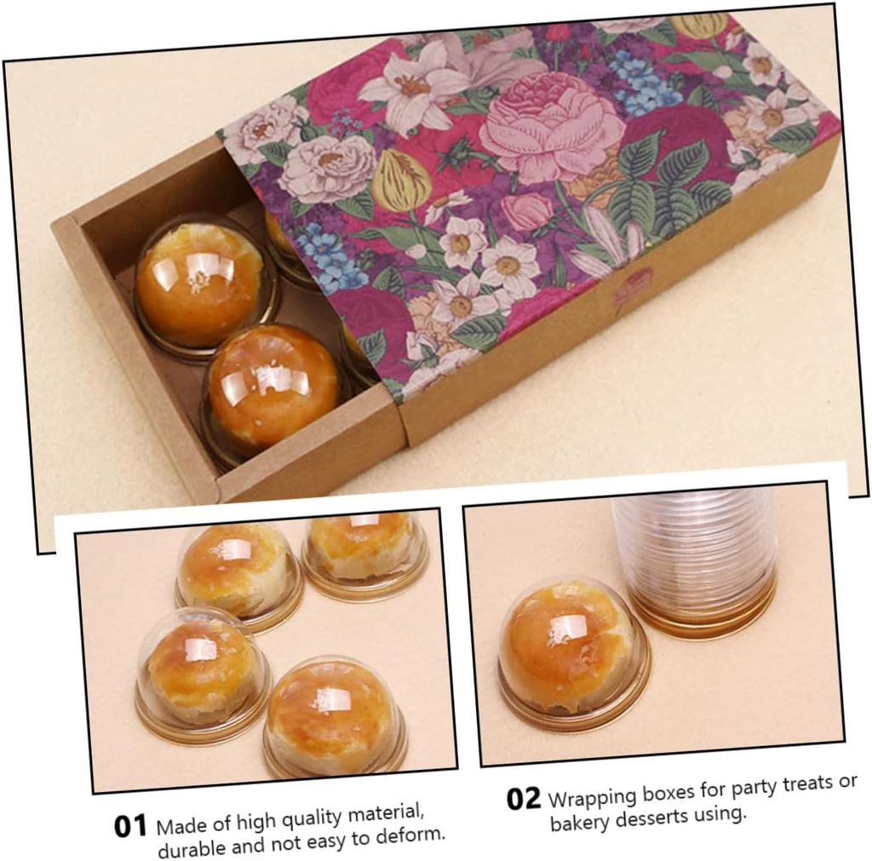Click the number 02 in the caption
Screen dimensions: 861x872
click(x=524, y=799)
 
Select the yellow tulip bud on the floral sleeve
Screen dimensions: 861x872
click(x=401, y=181)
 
